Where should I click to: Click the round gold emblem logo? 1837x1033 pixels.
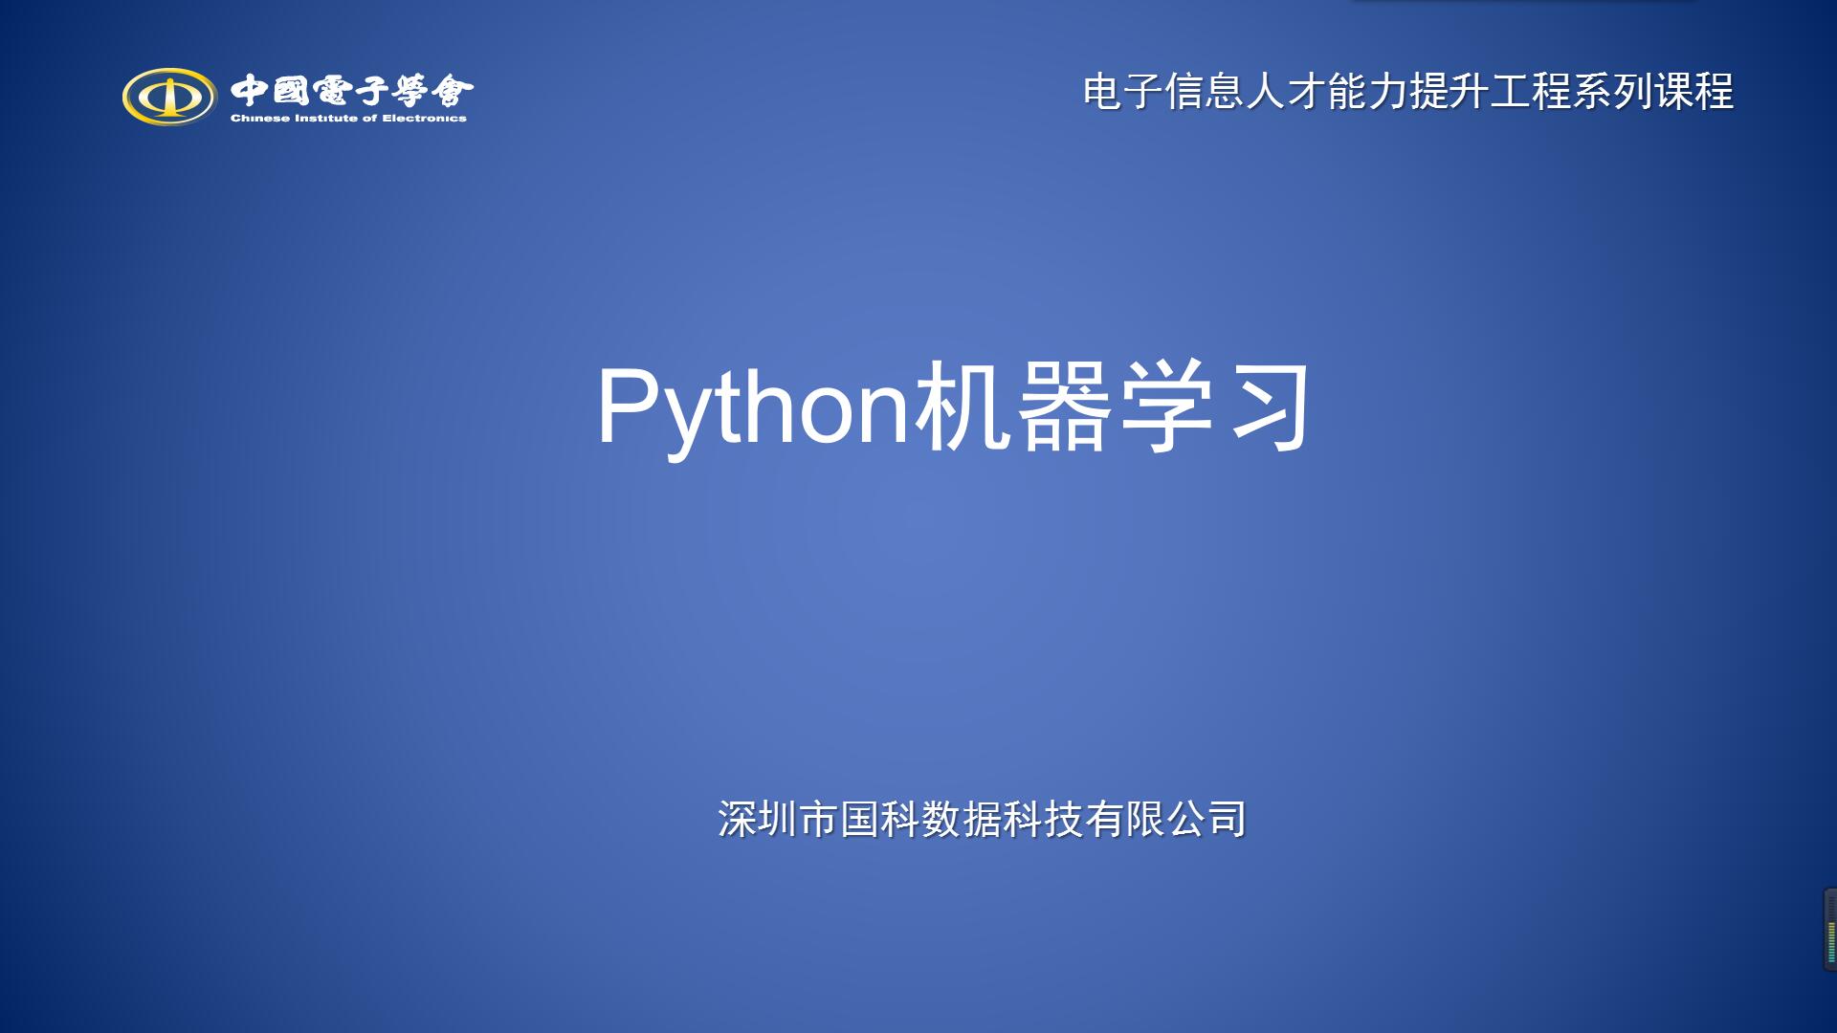168,96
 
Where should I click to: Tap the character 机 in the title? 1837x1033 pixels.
963,406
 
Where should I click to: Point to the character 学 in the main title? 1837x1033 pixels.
1164,406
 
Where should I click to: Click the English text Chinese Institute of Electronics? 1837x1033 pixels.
348,119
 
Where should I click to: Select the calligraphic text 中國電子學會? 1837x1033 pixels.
352,91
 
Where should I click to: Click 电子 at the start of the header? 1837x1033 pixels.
1123,93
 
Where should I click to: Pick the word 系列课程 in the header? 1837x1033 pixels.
1652,93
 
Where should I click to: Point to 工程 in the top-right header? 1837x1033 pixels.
1530,93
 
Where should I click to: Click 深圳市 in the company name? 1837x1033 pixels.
778,820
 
